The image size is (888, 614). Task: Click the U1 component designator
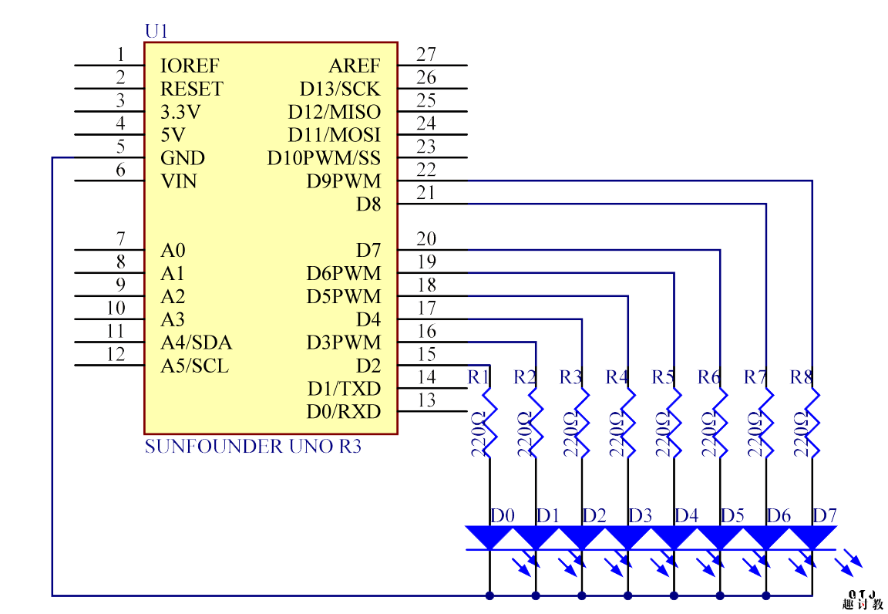click(x=156, y=32)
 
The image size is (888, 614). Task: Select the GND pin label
click(x=183, y=159)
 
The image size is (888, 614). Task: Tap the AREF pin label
click(x=355, y=66)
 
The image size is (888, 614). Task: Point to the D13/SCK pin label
click(x=340, y=89)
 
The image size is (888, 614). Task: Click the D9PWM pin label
click(x=343, y=182)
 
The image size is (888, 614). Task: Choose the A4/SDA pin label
click(x=196, y=343)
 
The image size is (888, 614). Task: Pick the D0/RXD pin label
click(x=344, y=412)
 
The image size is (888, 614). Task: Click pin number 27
click(x=425, y=55)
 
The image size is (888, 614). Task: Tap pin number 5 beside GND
click(x=120, y=147)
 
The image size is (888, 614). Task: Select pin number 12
click(x=116, y=355)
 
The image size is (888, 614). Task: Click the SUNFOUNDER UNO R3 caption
click(x=253, y=447)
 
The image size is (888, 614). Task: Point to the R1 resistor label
click(x=479, y=377)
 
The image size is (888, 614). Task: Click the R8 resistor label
click(x=801, y=377)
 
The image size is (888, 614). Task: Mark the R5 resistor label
click(x=663, y=377)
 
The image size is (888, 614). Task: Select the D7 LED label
click(x=825, y=515)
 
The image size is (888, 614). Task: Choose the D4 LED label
click(x=687, y=515)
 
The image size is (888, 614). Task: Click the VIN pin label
click(x=178, y=182)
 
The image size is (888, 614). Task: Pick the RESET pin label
click(x=191, y=89)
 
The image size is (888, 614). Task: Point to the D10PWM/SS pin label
click(x=324, y=159)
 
